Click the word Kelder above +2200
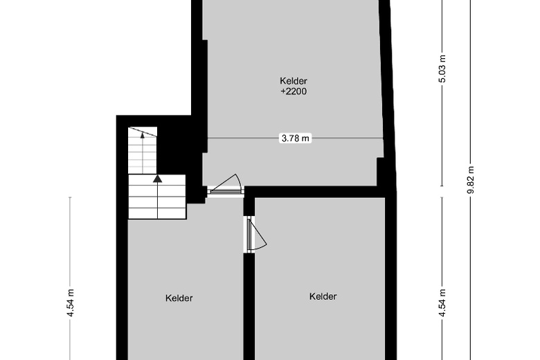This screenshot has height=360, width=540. click(293, 80)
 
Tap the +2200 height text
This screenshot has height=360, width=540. click(293, 91)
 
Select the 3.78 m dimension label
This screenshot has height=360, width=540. click(295, 138)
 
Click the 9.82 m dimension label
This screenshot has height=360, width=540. click(471, 179)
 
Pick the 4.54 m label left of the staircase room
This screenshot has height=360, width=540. click(71, 302)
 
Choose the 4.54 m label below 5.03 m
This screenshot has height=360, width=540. click(442, 302)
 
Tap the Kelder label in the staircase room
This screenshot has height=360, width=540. click(179, 298)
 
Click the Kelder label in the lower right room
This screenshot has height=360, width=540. click(323, 296)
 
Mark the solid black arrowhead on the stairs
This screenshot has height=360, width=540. click(157, 179)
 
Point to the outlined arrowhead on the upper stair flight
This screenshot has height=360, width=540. click(143, 135)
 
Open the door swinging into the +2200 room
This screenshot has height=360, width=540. click(226, 183)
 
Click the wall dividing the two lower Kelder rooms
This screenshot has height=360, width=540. click(249, 305)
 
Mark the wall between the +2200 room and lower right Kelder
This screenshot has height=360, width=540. click(315, 192)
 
